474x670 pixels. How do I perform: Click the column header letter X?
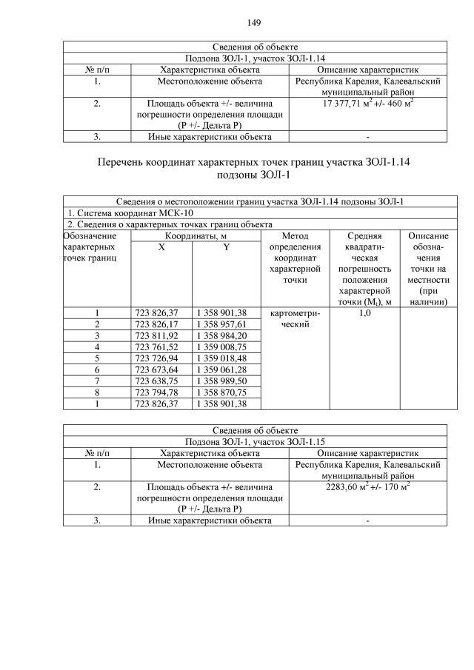pyautogui.click(x=161, y=248)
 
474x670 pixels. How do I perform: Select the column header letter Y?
pyautogui.click(x=226, y=248)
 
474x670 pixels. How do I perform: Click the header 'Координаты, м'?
pyautogui.click(x=196, y=235)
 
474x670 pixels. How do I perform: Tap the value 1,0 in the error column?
pyautogui.click(x=364, y=312)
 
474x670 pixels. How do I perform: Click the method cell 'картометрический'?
pyautogui.click(x=296, y=319)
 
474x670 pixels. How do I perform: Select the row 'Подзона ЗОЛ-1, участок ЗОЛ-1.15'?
pyautogui.click(x=255, y=442)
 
